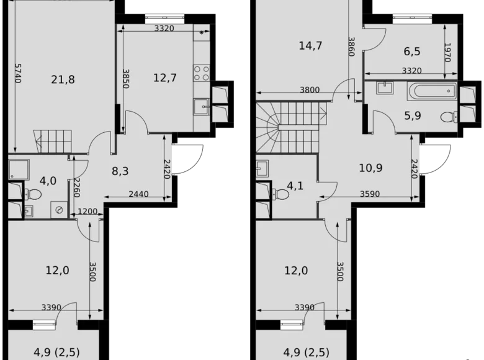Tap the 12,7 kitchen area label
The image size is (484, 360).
point(165,78)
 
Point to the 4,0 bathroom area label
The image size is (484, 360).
point(48,181)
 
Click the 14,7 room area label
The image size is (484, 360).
point(310,45)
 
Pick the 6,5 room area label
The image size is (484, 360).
point(410,53)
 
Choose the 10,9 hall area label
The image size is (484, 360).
point(370,167)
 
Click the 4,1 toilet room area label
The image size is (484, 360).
point(295,184)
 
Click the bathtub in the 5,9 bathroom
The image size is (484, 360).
point(432,92)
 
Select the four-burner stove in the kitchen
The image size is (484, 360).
point(202,73)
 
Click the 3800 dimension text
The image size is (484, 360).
point(310,90)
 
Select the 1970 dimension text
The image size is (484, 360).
point(447,53)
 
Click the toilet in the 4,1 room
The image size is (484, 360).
point(282,195)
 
